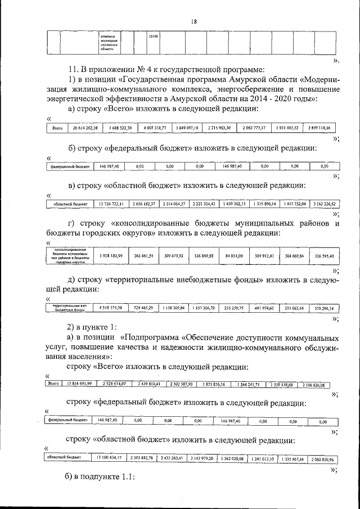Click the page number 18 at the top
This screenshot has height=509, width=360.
[x=193, y=21]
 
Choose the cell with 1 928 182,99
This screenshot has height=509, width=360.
[x=111, y=256]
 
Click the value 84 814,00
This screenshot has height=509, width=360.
[x=233, y=256]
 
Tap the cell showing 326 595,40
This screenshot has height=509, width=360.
[x=323, y=256]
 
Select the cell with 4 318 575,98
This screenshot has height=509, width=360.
[x=111, y=308]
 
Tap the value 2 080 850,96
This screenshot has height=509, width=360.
[x=323, y=460]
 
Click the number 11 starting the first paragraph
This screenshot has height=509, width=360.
[x=71, y=70]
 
